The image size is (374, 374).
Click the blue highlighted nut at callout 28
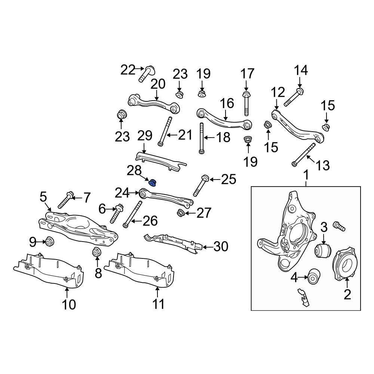pyautogui.click(x=153, y=183)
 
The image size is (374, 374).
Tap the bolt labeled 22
pyautogui.click(x=146, y=74)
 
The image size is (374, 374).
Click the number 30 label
pyautogui.click(x=221, y=246)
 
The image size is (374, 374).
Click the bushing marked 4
pyautogui.click(x=314, y=276)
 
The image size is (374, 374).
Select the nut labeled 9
pyautogui.click(x=49, y=242)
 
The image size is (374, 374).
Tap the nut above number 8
pyautogui.click(x=97, y=252)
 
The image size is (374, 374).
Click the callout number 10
pyautogui.click(x=69, y=304)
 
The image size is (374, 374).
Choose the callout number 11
pyautogui.click(x=158, y=304)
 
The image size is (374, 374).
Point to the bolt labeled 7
pyautogui.click(x=66, y=200)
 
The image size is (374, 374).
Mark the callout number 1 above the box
pyautogui.click(x=306, y=175)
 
